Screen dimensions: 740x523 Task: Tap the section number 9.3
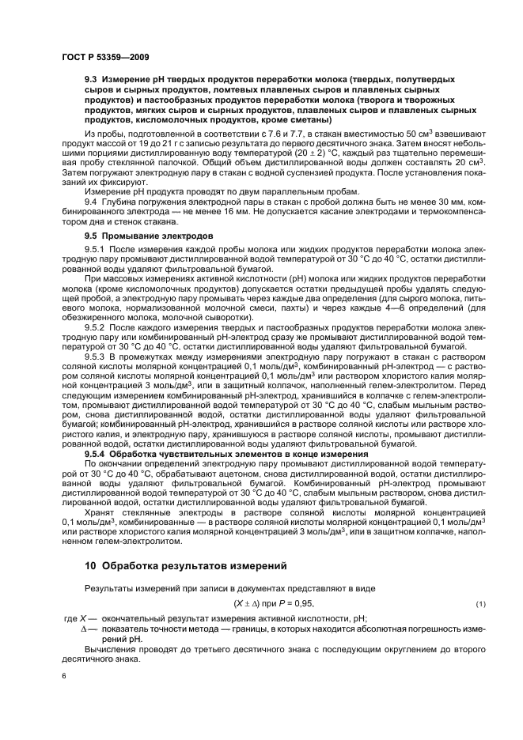tap(91, 81)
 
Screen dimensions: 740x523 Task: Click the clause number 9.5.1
tap(96, 249)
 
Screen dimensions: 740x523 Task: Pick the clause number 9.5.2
tap(96, 325)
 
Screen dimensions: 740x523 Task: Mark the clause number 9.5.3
tap(96, 355)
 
